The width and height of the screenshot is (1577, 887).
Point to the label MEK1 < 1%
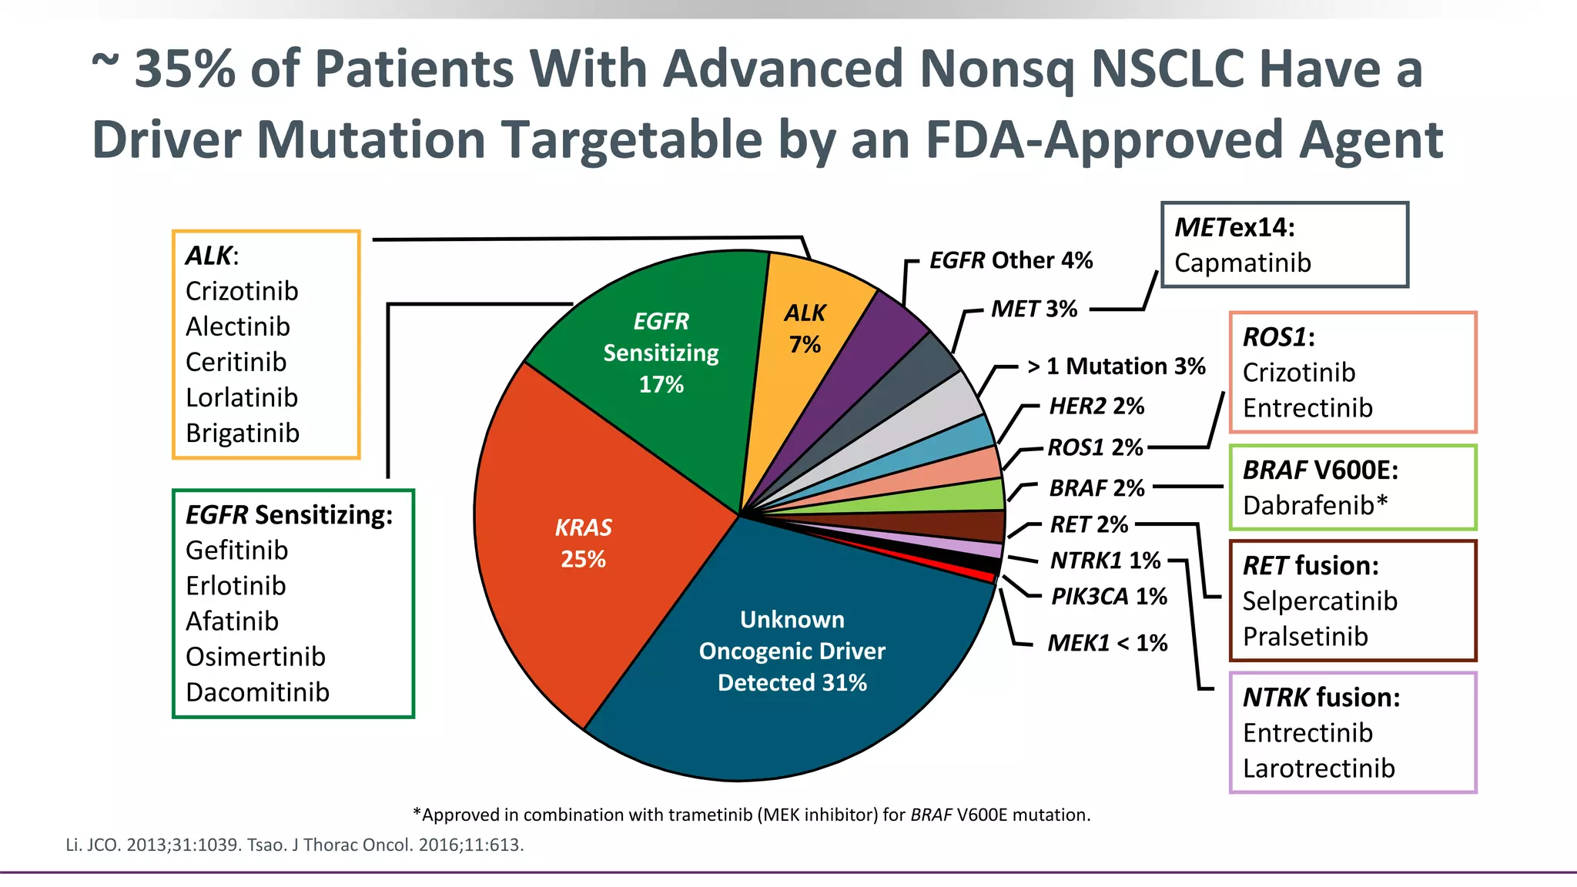1107,643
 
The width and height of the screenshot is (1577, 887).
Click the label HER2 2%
1097,406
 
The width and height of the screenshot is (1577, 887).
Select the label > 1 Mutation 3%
1116,367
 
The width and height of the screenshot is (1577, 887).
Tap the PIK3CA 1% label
1109,597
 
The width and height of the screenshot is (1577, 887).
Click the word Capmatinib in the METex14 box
1242,263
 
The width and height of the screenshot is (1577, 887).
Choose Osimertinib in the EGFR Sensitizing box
256,657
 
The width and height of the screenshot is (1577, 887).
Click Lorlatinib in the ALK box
242,397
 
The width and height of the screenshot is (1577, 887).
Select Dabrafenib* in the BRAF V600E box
1315,505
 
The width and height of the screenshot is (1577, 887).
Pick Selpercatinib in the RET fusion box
1320,601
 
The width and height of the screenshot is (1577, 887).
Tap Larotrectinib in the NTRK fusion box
1318,768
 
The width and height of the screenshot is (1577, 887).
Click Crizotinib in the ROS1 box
1298,373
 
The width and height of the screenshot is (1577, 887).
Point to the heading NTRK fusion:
1321,698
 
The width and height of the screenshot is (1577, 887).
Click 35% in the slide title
185,69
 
